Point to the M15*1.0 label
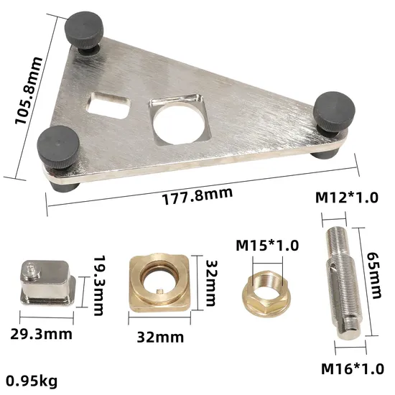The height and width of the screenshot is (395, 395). pyautogui.click(x=262, y=244)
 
